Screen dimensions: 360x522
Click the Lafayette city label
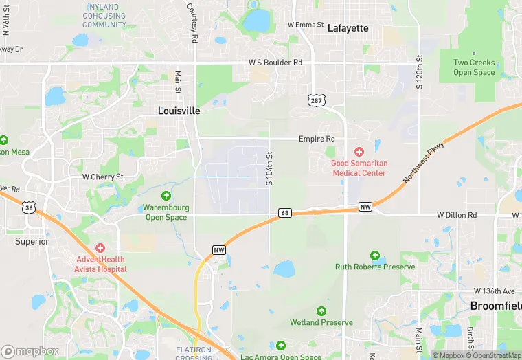348,28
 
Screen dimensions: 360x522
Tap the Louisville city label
179,111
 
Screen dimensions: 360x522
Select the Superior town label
32,241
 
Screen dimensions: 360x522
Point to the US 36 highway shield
28,207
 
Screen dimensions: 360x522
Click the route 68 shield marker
285,213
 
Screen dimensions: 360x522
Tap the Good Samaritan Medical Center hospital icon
358,152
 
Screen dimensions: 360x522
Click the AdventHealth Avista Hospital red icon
100,247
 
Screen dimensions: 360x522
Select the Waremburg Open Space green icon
166,196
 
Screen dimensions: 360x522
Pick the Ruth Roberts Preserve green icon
375,255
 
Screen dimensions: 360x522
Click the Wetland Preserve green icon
321,311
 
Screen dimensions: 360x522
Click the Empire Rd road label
315,139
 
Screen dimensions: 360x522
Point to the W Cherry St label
102,177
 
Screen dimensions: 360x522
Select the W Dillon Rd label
457,215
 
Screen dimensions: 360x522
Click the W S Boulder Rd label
275,63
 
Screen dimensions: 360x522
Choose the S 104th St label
270,169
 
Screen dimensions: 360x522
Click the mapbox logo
30,350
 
